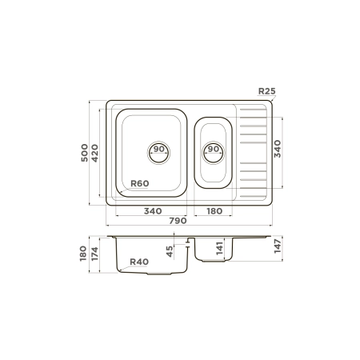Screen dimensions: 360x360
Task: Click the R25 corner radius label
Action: pyautogui.click(x=266, y=91)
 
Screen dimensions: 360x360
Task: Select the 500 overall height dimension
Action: pyautogui.click(x=84, y=153)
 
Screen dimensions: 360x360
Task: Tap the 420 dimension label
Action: pyautogui.click(x=94, y=153)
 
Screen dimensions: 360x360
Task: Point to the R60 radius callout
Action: pyautogui.click(x=140, y=183)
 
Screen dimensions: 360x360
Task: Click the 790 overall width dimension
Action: pyautogui.click(x=178, y=221)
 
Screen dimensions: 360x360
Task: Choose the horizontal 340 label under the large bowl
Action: pyautogui.click(x=153, y=211)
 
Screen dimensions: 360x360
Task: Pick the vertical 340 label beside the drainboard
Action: pyautogui.click(x=278, y=149)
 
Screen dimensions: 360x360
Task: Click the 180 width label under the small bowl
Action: pyautogui.click(x=214, y=211)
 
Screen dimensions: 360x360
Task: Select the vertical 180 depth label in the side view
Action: pyautogui.click(x=83, y=254)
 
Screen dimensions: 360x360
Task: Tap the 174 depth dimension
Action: pyautogui.click(x=94, y=254)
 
